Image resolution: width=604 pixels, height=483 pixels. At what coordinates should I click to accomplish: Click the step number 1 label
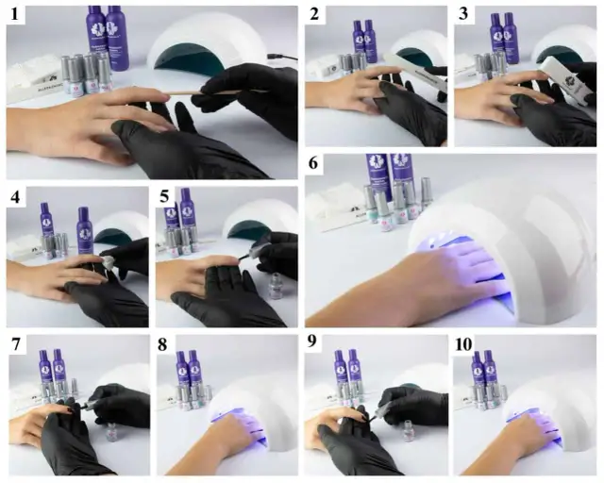(x=15, y=16)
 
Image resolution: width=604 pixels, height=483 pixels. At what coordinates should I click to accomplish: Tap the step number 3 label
(x=461, y=16)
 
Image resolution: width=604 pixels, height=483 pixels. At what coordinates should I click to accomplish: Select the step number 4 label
(x=15, y=199)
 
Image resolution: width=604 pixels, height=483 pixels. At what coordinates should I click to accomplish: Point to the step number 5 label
(x=163, y=199)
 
